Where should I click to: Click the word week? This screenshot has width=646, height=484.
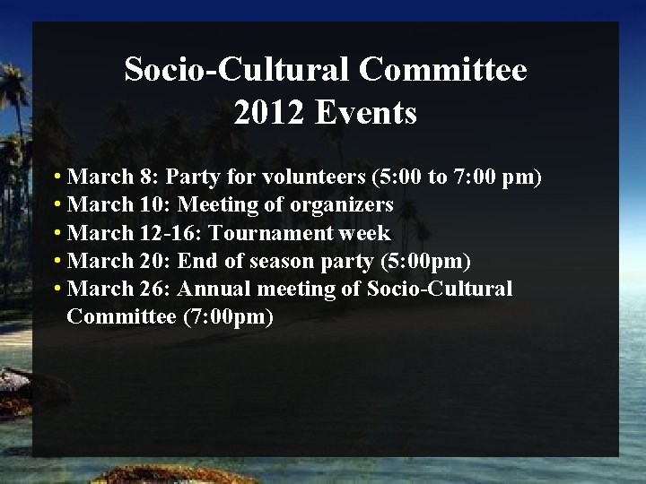click(x=365, y=233)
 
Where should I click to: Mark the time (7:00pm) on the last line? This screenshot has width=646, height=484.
click(x=228, y=316)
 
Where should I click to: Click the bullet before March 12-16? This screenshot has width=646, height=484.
click(x=57, y=233)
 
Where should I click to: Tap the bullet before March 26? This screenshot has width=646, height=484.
click(x=57, y=289)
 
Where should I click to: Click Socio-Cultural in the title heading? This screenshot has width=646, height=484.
click(x=236, y=69)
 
